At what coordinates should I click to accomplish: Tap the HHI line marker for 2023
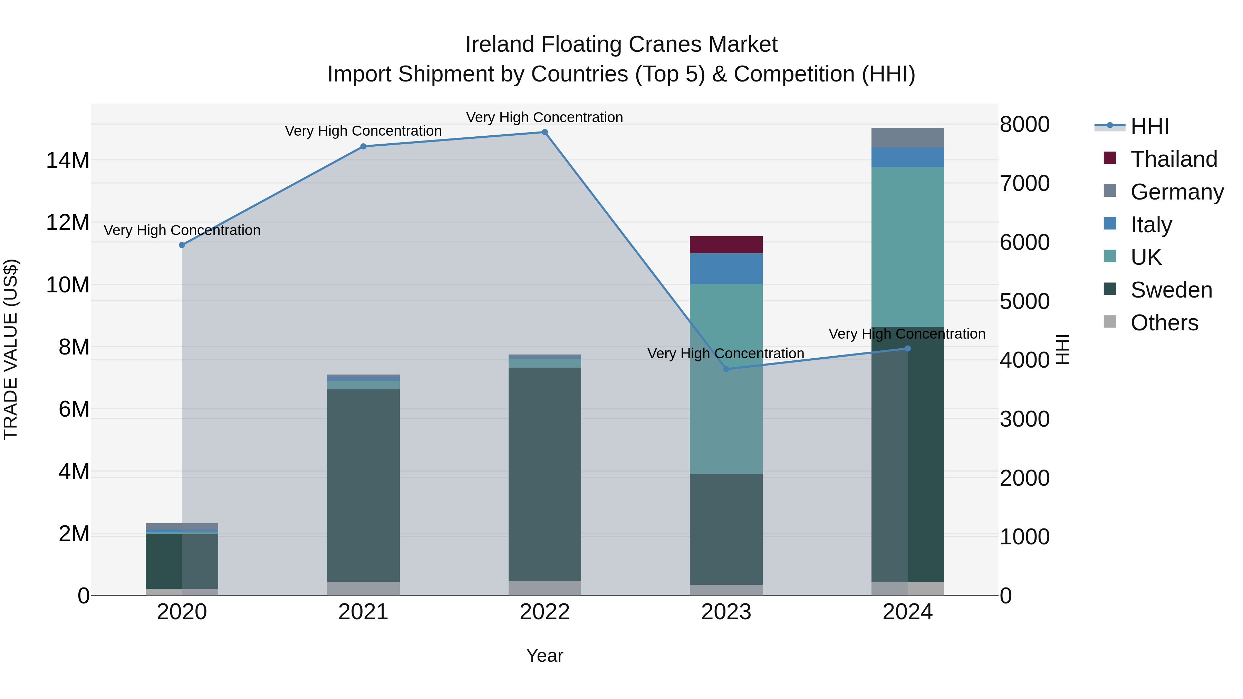point(726,369)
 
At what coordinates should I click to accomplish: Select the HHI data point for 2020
point(182,245)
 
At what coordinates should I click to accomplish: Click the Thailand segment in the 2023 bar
point(726,244)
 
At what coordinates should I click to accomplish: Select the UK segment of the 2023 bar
point(726,379)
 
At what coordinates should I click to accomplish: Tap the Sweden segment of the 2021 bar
point(363,485)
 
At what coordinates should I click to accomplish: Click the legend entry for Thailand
point(1174,159)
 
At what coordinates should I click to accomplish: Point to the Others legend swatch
point(1110,322)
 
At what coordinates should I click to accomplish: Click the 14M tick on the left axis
point(68,160)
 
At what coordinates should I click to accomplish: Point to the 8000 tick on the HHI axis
point(1024,125)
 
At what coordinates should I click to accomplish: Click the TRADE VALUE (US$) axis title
point(11,349)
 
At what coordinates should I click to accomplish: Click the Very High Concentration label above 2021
point(363,131)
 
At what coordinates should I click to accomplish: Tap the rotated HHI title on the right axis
point(1062,349)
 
